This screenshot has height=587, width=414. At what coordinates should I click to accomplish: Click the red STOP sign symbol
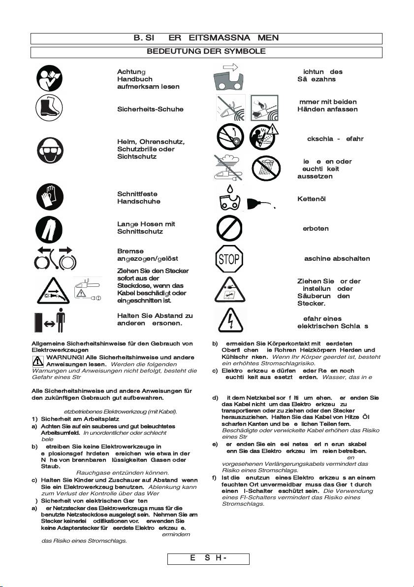click(228, 259)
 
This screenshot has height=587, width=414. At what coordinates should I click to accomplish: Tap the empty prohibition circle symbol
click(228, 229)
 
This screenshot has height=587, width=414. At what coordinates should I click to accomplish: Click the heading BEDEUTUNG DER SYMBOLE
click(206, 51)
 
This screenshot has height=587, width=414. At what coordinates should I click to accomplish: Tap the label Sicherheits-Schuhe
click(143, 109)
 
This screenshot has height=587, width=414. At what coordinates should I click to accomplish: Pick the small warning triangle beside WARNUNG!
click(37, 361)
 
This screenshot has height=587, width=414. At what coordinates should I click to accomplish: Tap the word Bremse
click(130, 251)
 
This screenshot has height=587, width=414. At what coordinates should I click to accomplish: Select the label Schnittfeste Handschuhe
click(139, 198)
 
